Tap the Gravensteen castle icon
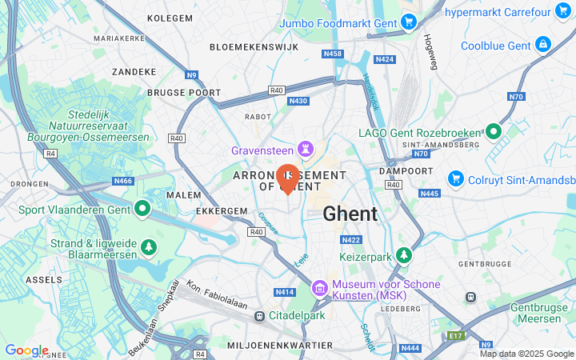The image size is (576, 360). coord(305,150)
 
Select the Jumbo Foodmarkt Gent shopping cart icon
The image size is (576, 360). coord(409,23)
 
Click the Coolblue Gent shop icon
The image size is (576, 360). coord(543,44)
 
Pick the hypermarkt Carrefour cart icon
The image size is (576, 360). coord(563,10)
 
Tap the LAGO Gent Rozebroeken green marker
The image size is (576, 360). coord(494,131)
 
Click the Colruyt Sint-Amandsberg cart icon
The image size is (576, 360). coord(456,177)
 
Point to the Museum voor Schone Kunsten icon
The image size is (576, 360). coord(319,286)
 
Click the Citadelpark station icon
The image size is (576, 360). coord(259,317)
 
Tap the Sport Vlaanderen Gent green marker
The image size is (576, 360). coord(143,210)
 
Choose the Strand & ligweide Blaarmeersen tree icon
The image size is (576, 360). coord(148,245)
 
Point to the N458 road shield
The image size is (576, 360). coord(333,54)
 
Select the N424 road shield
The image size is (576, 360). coord(385,59)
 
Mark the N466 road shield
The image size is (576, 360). coord(123,181)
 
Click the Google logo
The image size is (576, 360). coord(26,350)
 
